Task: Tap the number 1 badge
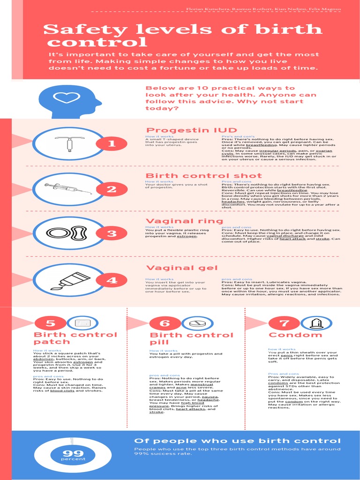[112, 144]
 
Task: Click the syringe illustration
[68, 188]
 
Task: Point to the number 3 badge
[112, 233]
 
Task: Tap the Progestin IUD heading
[191, 130]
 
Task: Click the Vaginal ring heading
[184, 221]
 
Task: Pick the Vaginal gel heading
[182, 268]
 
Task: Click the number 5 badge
[50, 323]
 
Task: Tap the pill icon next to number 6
[197, 323]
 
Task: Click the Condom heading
[295, 335]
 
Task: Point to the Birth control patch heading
[75, 338]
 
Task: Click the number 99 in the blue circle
[73, 453]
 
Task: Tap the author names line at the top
[263, 9]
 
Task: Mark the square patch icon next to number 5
[82, 323]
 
